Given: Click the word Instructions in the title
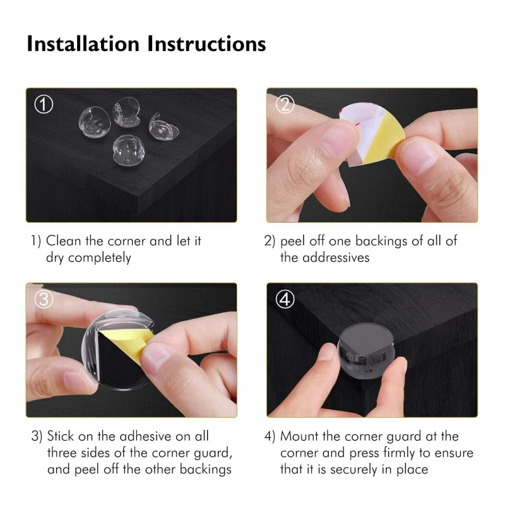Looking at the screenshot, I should (207, 44).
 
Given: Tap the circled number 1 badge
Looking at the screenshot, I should (44, 105).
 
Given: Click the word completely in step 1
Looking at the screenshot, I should (100, 257).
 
